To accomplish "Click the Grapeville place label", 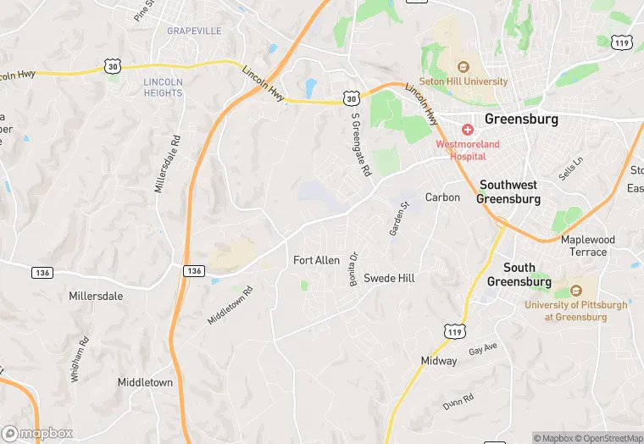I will pos(194,31).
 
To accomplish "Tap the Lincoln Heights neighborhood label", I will pos(163,87).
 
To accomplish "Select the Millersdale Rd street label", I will pos(167,164).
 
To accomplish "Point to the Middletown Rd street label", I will pos(230,305).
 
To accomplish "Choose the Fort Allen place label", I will pos(316,260).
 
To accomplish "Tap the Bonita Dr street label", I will pos(355,269).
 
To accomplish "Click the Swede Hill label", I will pos(389,278).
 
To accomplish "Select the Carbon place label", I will pos(442,197).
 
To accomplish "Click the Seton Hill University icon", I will pos(464,67).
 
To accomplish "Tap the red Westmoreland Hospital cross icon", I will pos(467,130).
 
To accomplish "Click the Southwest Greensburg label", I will pos(508,191).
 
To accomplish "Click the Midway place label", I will pos(439,361).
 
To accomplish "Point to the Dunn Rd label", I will pos(458,402).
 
